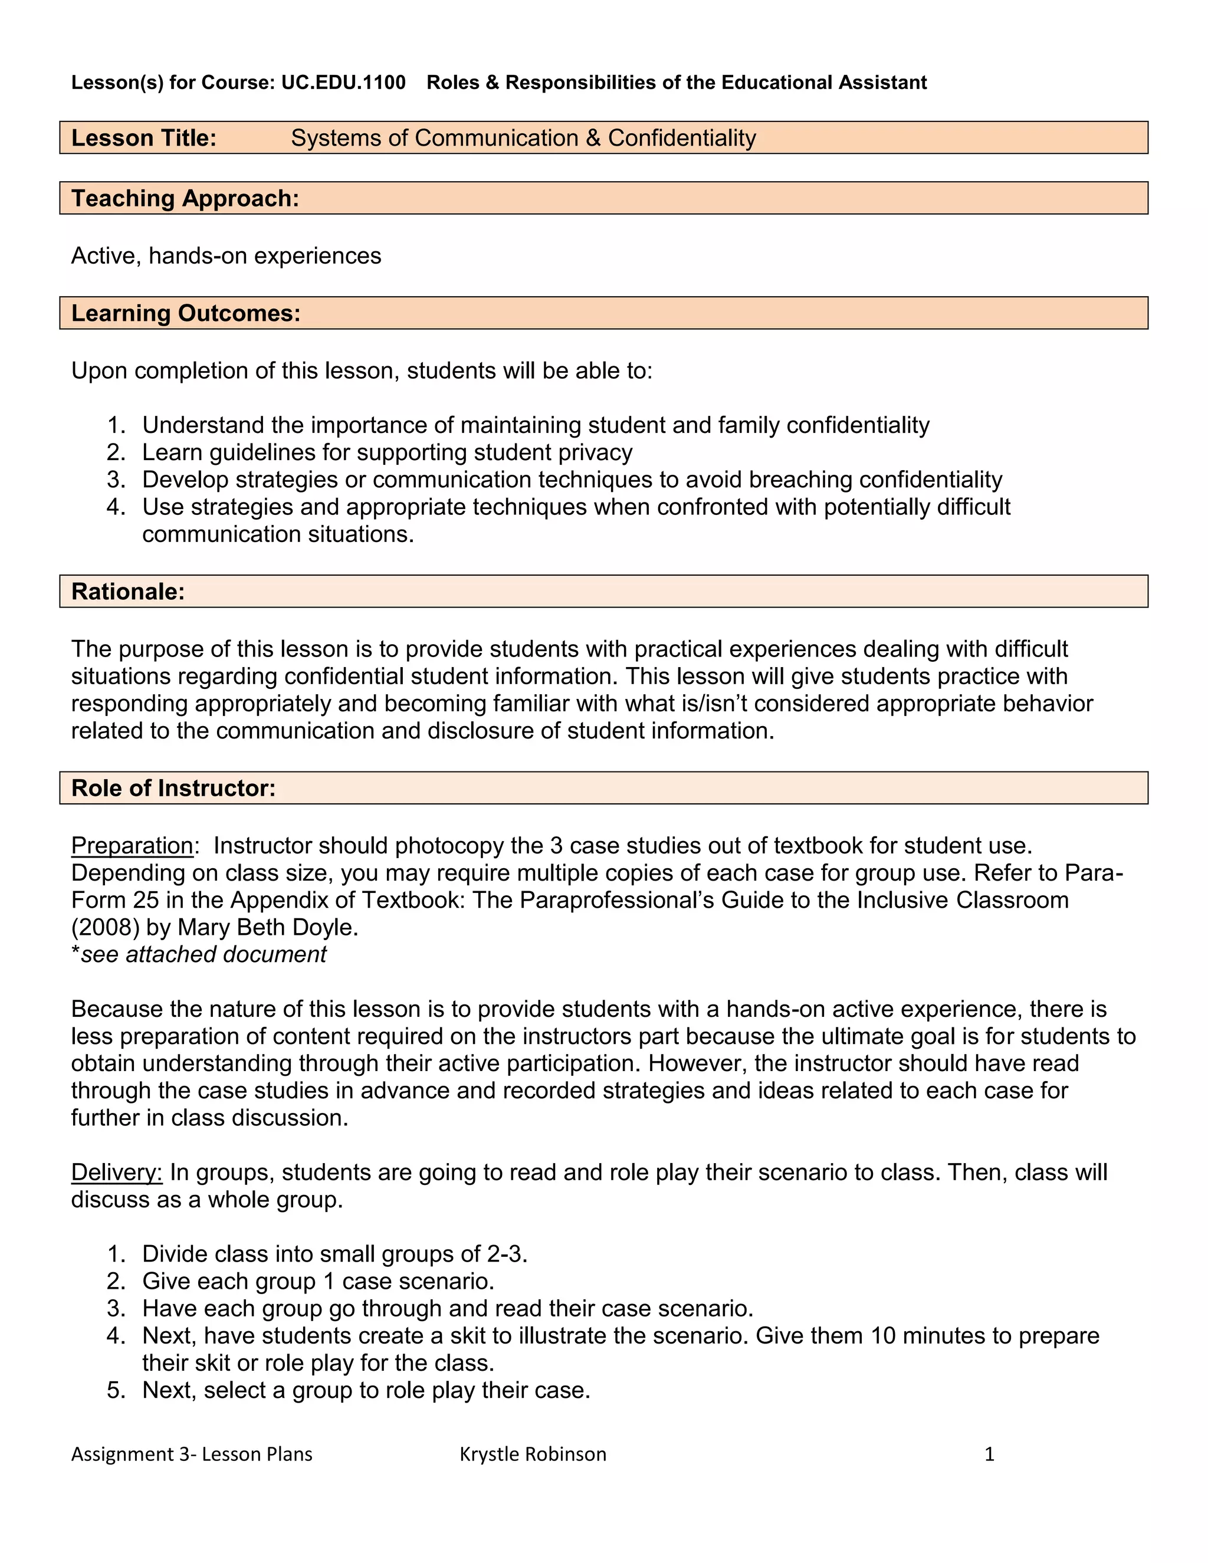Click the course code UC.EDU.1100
point(343,83)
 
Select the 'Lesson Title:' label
point(144,137)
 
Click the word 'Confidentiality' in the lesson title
point(681,137)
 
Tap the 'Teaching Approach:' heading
point(185,198)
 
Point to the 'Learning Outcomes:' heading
point(185,313)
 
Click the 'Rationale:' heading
point(128,591)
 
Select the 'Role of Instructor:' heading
point(173,788)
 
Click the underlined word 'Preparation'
point(132,845)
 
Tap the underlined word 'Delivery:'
point(117,1173)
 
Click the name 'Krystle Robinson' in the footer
point(533,1454)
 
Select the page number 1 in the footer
point(989,1454)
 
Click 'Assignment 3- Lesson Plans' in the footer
point(192,1454)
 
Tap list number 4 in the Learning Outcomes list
point(116,507)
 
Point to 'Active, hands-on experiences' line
point(226,255)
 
